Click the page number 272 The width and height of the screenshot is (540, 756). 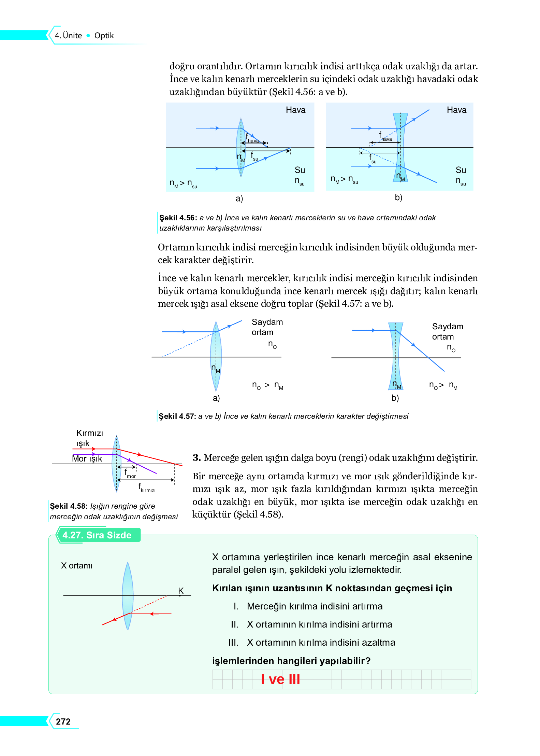pos(63,721)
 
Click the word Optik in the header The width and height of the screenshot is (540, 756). pos(104,36)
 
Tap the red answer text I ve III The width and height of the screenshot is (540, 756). pos(280,679)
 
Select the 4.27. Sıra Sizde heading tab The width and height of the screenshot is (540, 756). pos(97,535)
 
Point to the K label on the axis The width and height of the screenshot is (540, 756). pos(181,590)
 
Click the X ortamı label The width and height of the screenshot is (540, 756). pos(76,565)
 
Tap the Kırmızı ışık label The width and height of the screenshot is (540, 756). pos(89,438)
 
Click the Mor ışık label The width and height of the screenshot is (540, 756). pos(87,458)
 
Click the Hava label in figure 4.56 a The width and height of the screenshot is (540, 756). pos(295,110)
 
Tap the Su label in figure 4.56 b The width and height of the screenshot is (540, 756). pos(461,170)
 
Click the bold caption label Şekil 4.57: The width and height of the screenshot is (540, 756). pos(177,416)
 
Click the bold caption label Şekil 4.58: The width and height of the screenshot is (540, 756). pos(69,506)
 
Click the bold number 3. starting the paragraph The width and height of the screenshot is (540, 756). pos(196,457)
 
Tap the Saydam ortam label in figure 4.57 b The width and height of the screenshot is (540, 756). pos(447,331)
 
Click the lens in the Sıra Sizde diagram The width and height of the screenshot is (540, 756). pos(128,595)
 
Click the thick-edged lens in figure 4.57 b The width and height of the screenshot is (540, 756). pos(396,356)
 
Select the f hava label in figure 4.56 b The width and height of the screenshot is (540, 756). pos(385,137)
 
